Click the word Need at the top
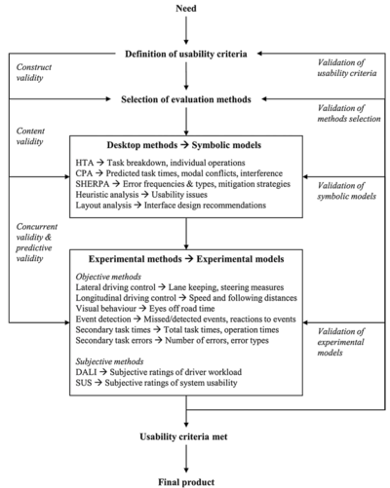(186, 8)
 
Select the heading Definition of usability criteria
(186, 54)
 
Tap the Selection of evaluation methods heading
(186, 99)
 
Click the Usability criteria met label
(183, 436)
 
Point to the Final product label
(186, 482)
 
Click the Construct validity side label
(34, 72)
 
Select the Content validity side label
(30, 136)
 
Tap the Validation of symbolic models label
(347, 191)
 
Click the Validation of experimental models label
(340, 342)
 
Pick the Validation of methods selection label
(349, 113)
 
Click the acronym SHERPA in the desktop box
(93, 184)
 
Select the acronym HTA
(85, 163)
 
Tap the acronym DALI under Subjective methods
(86, 372)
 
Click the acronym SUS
(84, 383)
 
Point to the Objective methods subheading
(108, 277)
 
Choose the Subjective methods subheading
(109, 361)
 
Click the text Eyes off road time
(182, 309)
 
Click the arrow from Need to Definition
(186, 30)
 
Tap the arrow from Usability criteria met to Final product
(186, 459)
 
